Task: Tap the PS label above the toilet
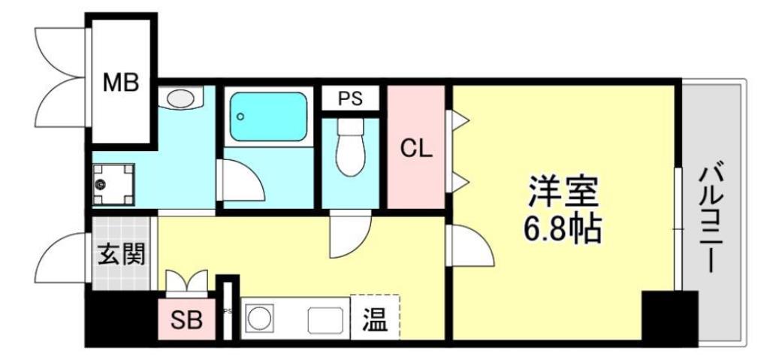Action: pos(349,98)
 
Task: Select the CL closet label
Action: pos(415,148)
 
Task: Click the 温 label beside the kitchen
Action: pos(375,319)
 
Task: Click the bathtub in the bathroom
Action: pos(268,117)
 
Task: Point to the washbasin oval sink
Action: pos(180,98)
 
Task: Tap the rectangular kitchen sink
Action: pos(328,319)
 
